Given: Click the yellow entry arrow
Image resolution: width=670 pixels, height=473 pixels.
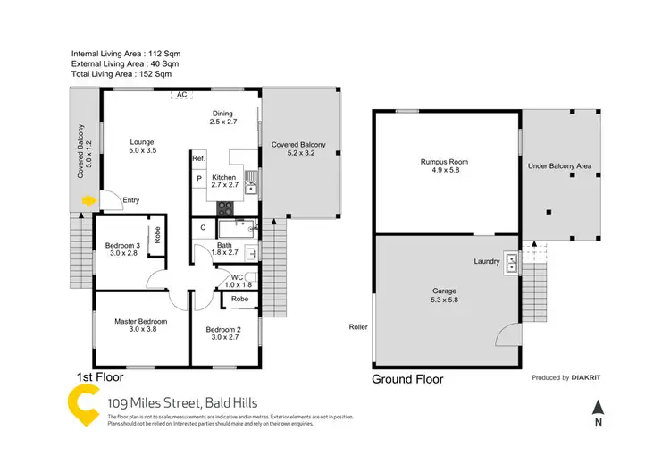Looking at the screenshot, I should click(x=87, y=202).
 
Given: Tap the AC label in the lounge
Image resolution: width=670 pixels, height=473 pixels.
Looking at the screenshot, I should click(x=181, y=95).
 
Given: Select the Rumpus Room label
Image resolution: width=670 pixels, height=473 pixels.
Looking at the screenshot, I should click(x=445, y=162).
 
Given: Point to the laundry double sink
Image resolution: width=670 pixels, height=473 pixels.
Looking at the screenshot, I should click(x=511, y=263).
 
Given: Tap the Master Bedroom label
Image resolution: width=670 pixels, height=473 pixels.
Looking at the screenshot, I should click(x=140, y=321).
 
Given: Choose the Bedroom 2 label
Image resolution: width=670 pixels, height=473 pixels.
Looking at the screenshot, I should click(x=223, y=329).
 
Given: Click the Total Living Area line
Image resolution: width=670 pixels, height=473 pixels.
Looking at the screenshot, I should click(x=121, y=74).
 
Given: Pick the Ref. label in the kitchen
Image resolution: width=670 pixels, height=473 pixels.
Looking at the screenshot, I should click(x=198, y=158).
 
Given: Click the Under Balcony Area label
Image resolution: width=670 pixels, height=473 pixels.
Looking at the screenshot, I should click(x=559, y=166).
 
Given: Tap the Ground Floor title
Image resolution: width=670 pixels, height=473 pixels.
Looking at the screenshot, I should click(x=407, y=379).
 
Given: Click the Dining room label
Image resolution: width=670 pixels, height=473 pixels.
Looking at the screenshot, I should click(x=223, y=113).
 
